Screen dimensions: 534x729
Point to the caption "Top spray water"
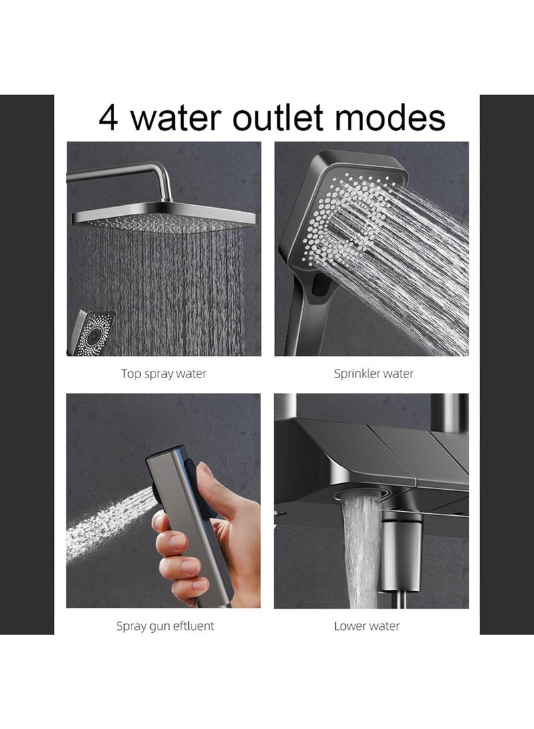tap(164, 374)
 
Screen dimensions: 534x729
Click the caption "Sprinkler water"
tap(373, 374)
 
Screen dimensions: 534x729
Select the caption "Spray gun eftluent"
tap(165, 626)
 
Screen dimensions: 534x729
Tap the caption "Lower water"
tap(366, 626)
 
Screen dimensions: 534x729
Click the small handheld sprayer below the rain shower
tap(91, 333)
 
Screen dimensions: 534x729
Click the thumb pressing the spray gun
tap(204, 484)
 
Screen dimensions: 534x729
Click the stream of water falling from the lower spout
tap(361, 551)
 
